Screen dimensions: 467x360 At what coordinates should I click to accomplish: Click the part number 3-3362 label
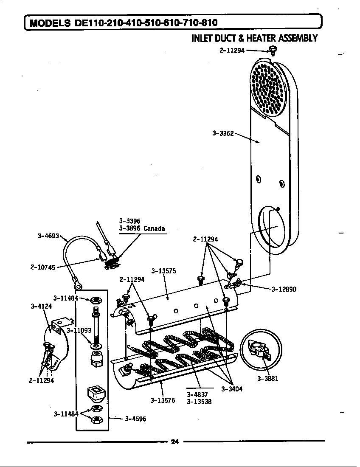tap(223, 133)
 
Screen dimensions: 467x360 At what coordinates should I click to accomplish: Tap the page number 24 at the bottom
tap(174, 442)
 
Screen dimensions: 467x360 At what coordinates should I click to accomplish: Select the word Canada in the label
tap(154, 228)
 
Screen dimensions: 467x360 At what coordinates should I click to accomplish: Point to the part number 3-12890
tap(284, 290)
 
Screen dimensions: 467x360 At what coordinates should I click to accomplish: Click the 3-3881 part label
tap(267, 379)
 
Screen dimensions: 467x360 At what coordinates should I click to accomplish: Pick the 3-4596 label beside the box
tap(135, 419)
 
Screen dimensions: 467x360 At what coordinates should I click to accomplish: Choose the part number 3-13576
tap(163, 400)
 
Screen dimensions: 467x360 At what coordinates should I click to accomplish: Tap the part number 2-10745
tap(42, 267)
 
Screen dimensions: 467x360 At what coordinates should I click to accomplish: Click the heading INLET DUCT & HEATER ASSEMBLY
tap(254, 39)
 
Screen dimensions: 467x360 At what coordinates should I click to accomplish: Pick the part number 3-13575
tap(163, 271)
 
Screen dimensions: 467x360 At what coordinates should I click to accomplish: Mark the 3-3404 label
tap(232, 389)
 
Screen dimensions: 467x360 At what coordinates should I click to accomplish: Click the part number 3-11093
tap(79, 330)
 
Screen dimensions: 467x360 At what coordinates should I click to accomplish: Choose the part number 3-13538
tap(199, 402)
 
